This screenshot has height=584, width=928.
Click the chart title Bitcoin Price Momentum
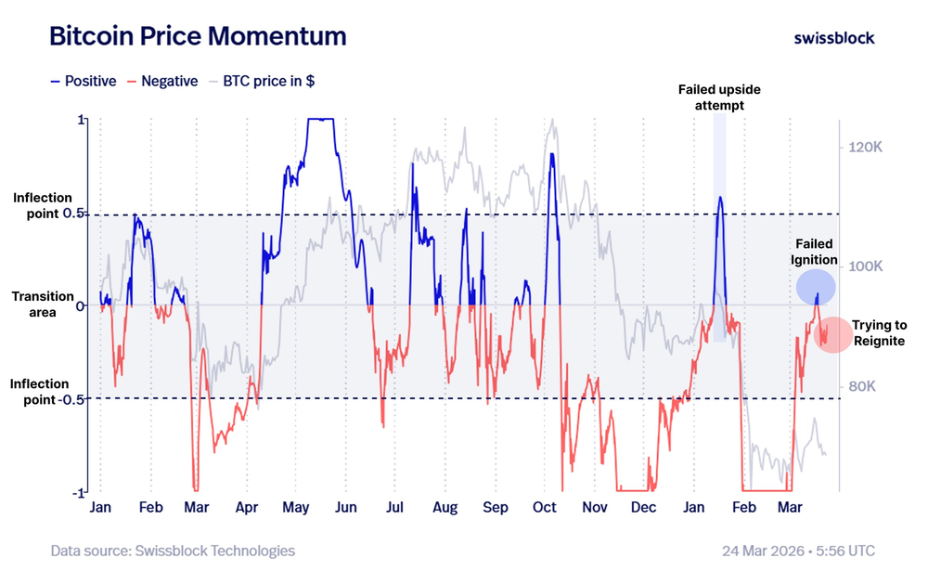pyautogui.click(x=197, y=36)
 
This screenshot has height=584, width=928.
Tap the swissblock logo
pyautogui.click(x=833, y=37)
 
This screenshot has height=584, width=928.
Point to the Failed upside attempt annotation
pyautogui.click(x=720, y=97)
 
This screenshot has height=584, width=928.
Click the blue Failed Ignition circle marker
pyautogui.click(x=816, y=287)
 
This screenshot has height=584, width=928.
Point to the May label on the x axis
pyautogui.click(x=295, y=508)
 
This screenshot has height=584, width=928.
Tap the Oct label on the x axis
pyautogui.click(x=545, y=508)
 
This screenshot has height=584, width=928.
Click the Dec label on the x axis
pyautogui.click(x=643, y=508)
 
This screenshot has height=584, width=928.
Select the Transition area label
pyautogui.click(x=44, y=305)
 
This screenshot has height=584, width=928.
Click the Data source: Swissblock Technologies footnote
pyautogui.click(x=173, y=551)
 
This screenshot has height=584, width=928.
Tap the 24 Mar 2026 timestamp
pyautogui.click(x=798, y=551)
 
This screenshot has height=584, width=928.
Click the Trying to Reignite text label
pyautogui.click(x=879, y=333)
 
